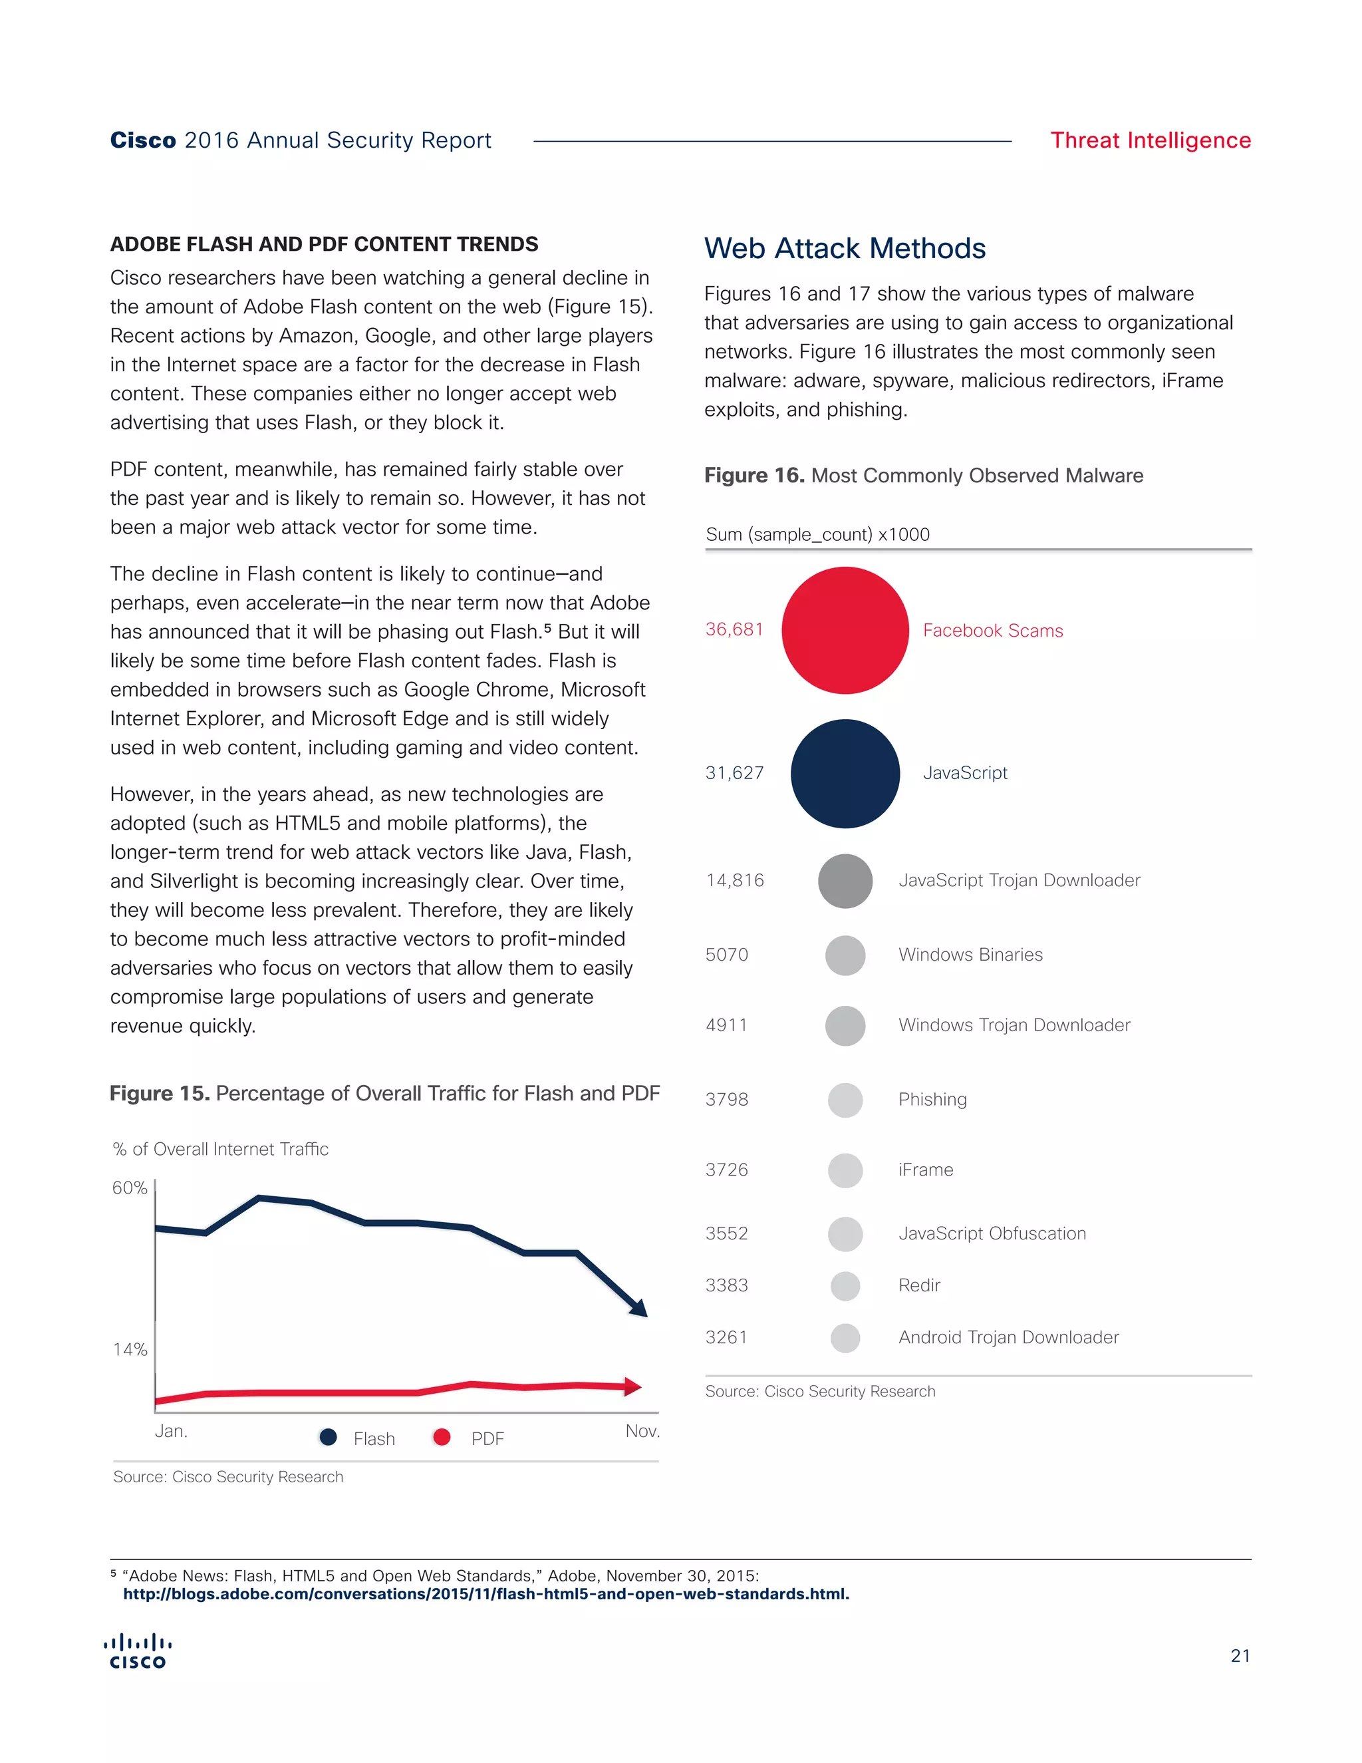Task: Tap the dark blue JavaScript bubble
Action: click(845, 773)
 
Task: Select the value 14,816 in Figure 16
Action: click(734, 880)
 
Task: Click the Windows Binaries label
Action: click(970, 954)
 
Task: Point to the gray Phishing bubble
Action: click(845, 1100)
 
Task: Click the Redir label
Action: click(919, 1285)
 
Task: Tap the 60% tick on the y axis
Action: click(130, 1188)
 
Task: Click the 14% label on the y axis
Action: click(130, 1349)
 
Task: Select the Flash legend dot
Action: click(328, 1437)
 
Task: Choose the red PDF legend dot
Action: click(442, 1437)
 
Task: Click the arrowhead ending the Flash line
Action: click(640, 1309)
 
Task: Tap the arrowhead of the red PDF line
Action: click(633, 1387)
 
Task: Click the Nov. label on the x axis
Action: click(642, 1431)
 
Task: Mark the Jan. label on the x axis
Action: click(171, 1431)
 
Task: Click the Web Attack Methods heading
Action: click(844, 248)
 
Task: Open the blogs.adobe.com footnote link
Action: click(485, 1594)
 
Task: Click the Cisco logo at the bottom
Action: click(138, 1652)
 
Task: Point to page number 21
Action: click(1240, 1656)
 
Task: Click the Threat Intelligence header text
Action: click(1150, 140)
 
